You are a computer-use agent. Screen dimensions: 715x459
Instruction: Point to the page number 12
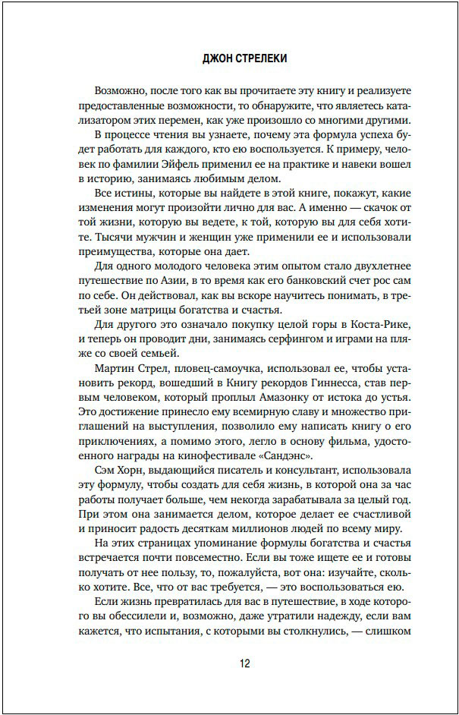pyautogui.click(x=244, y=663)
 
